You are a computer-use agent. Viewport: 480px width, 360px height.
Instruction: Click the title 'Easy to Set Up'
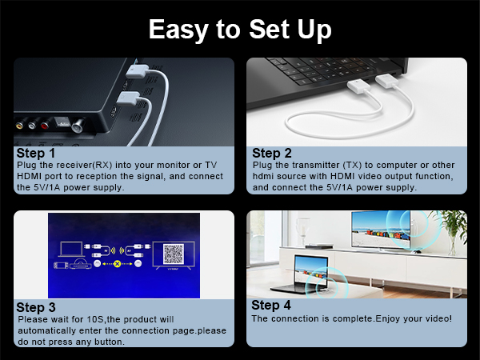click(240, 29)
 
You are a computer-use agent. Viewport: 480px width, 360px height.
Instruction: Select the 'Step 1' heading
click(37, 153)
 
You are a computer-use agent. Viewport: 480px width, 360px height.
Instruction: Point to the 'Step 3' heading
click(37, 306)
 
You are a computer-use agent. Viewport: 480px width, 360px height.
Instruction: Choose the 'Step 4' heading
click(272, 305)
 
